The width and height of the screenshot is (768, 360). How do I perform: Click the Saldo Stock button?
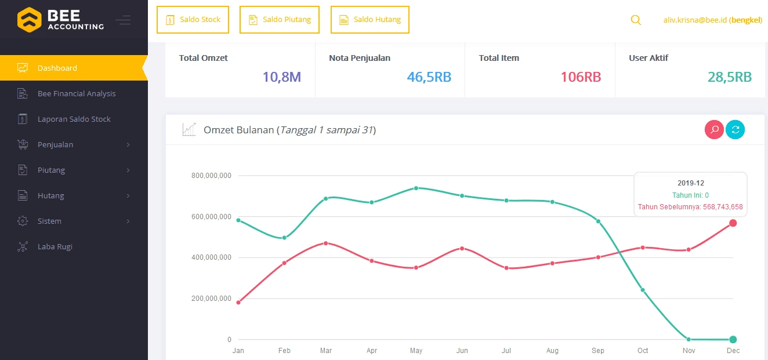[x=193, y=20]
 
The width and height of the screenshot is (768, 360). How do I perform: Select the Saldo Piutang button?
[x=280, y=20]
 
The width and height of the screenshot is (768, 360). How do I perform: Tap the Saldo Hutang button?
[x=370, y=20]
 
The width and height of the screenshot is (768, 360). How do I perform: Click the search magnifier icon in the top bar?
[x=636, y=20]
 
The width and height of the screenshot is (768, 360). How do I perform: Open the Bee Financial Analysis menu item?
[x=77, y=93]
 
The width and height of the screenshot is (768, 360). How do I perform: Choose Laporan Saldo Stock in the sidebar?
[x=74, y=119]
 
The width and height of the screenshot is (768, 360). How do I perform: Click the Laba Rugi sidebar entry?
[x=55, y=246]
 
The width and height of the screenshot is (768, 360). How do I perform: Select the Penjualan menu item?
[x=56, y=144]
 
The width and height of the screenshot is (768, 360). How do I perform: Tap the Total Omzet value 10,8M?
[x=281, y=77]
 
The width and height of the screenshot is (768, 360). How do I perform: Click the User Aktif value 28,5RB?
[x=729, y=77]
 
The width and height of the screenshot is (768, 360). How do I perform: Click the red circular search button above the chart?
[x=714, y=130]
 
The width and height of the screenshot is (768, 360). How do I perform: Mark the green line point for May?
[x=416, y=188]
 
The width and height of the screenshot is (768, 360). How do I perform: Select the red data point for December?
[x=733, y=223]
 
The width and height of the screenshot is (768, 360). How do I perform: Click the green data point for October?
[x=642, y=290]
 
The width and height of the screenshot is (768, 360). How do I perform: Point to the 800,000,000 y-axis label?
[x=211, y=175]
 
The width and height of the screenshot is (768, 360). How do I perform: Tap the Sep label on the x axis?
[x=597, y=351]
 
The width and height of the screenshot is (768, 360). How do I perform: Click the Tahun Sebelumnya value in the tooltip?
[x=690, y=207]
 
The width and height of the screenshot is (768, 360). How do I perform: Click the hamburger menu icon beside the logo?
[x=123, y=20]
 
